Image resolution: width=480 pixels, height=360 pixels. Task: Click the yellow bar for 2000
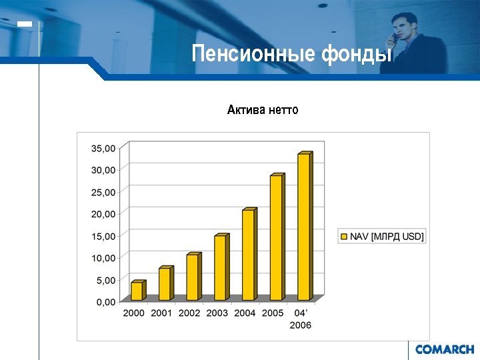pyautogui.click(x=137, y=291)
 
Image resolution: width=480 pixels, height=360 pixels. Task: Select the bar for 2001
pyautogui.click(x=165, y=284)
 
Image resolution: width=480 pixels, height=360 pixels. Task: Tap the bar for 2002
pyautogui.click(x=193, y=277)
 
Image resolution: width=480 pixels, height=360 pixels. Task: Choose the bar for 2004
pyautogui.click(x=248, y=255)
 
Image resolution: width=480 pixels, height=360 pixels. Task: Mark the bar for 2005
pyautogui.click(x=276, y=238)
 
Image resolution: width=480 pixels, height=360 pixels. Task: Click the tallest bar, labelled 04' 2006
pyautogui.click(x=304, y=227)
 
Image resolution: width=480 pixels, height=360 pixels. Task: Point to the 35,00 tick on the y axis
pyautogui.click(x=103, y=148)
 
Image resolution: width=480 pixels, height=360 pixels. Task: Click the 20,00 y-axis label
pyautogui.click(x=103, y=214)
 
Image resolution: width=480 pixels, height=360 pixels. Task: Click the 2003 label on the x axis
pyautogui.click(x=217, y=313)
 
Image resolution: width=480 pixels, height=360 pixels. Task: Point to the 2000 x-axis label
pyautogui.click(x=133, y=313)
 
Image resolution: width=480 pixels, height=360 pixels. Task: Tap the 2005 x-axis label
pyautogui.click(x=273, y=313)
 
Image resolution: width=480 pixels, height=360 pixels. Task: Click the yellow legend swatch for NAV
pyautogui.click(x=345, y=236)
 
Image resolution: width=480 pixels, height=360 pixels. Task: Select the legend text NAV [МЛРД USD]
pyautogui.click(x=387, y=236)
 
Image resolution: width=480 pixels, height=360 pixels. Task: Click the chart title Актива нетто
pyautogui.click(x=263, y=109)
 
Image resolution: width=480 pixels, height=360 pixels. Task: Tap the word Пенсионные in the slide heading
pyautogui.click(x=253, y=53)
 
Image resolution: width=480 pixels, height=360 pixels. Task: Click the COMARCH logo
pyautogui.click(x=444, y=349)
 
